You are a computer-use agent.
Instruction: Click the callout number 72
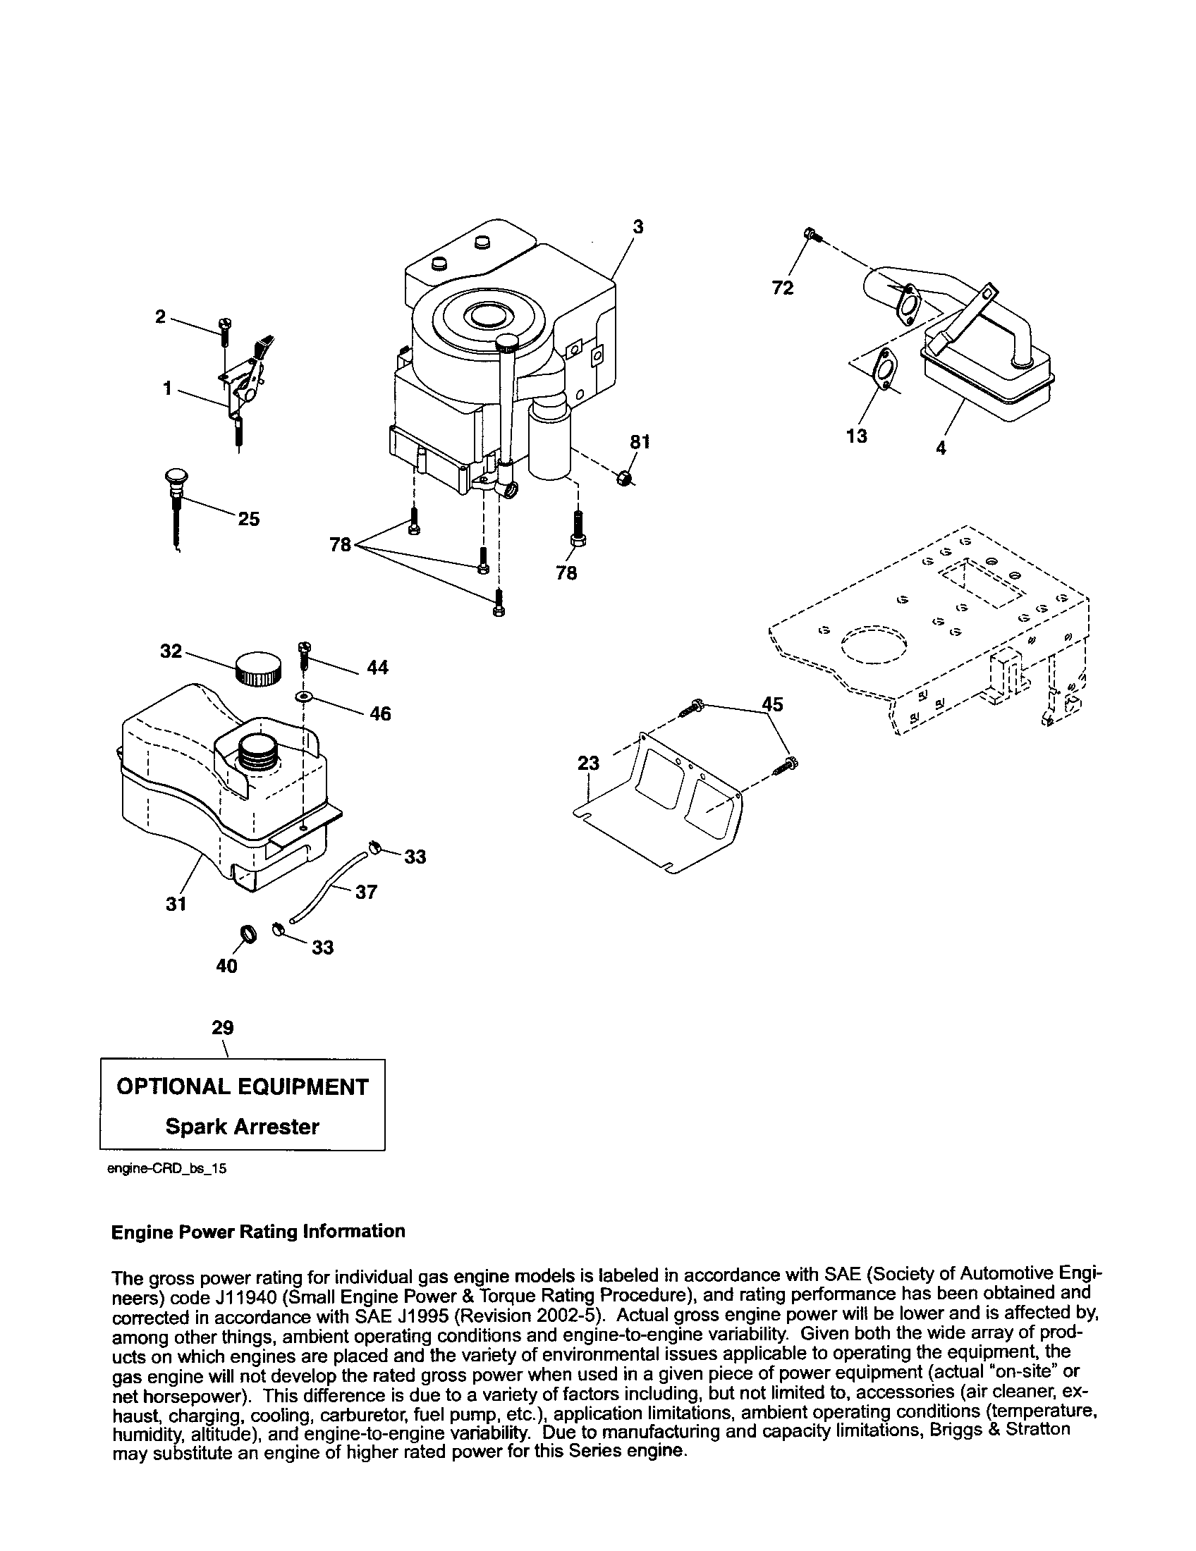(783, 288)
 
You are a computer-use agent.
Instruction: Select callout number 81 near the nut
(640, 442)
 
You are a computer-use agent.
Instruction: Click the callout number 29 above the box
(222, 1028)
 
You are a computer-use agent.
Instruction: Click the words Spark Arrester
(242, 1127)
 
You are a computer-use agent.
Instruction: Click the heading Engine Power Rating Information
(259, 1231)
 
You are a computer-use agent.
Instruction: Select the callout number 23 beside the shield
(589, 764)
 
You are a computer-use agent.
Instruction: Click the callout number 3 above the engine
(637, 226)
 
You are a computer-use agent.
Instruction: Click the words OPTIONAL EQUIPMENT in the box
(242, 1086)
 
